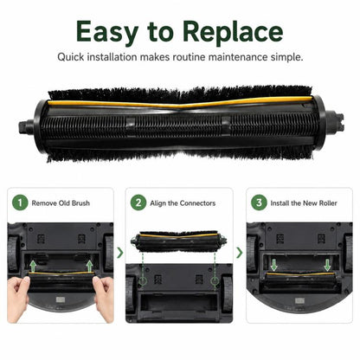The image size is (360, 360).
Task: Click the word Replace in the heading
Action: [233, 32]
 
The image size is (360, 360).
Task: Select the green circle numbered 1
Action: [20, 202]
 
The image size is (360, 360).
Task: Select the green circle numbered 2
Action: [138, 202]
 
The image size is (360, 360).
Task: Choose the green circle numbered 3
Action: [259, 202]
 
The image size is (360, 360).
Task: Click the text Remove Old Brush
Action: [61, 203]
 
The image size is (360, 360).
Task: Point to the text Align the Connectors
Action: [183, 203]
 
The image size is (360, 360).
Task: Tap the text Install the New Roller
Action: [304, 203]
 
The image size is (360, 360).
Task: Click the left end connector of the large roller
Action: [26, 127]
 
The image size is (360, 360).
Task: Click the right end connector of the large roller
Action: [336, 122]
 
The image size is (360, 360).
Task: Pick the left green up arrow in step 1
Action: [34, 266]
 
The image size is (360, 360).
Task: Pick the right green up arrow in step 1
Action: [90, 266]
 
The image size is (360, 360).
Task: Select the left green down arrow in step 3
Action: [273, 265]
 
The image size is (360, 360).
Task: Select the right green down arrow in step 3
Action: [327, 265]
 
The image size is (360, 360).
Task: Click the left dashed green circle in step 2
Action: [143, 281]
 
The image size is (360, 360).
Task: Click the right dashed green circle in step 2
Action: [215, 281]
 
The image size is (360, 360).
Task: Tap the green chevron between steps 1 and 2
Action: [120, 253]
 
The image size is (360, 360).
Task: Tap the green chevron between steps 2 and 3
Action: [240, 253]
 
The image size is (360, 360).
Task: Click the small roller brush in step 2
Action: [178, 241]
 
